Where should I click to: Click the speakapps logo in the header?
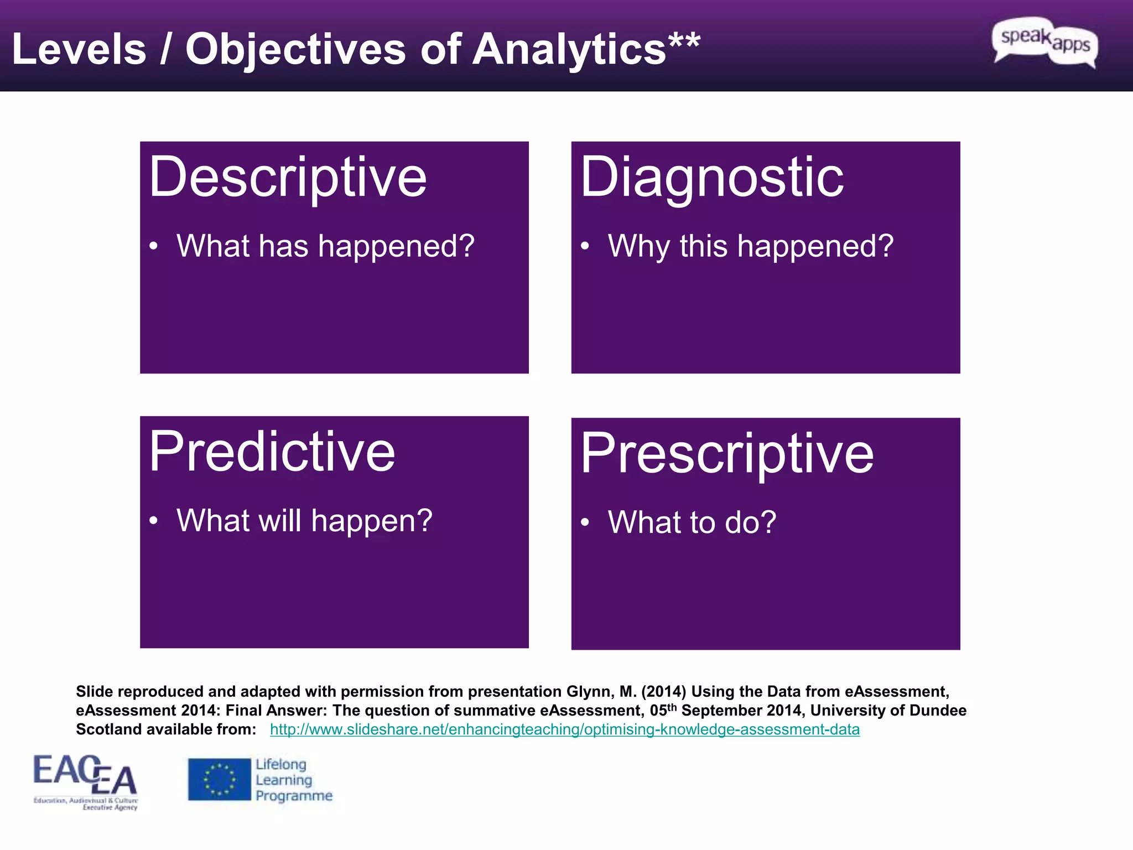tap(1044, 42)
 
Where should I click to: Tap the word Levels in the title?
tap(79, 50)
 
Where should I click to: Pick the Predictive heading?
tap(272, 453)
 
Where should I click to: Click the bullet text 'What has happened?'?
tap(325, 246)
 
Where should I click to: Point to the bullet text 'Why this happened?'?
tap(750, 246)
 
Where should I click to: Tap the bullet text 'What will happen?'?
tap(304, 521)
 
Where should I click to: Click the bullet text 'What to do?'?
tap(692, 522)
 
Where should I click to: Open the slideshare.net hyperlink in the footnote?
tap(564, 729)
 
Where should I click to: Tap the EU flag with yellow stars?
tap(219, 779)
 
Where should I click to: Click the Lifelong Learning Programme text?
tap(293, 780)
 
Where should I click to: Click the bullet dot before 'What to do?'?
tap(585, 523)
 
